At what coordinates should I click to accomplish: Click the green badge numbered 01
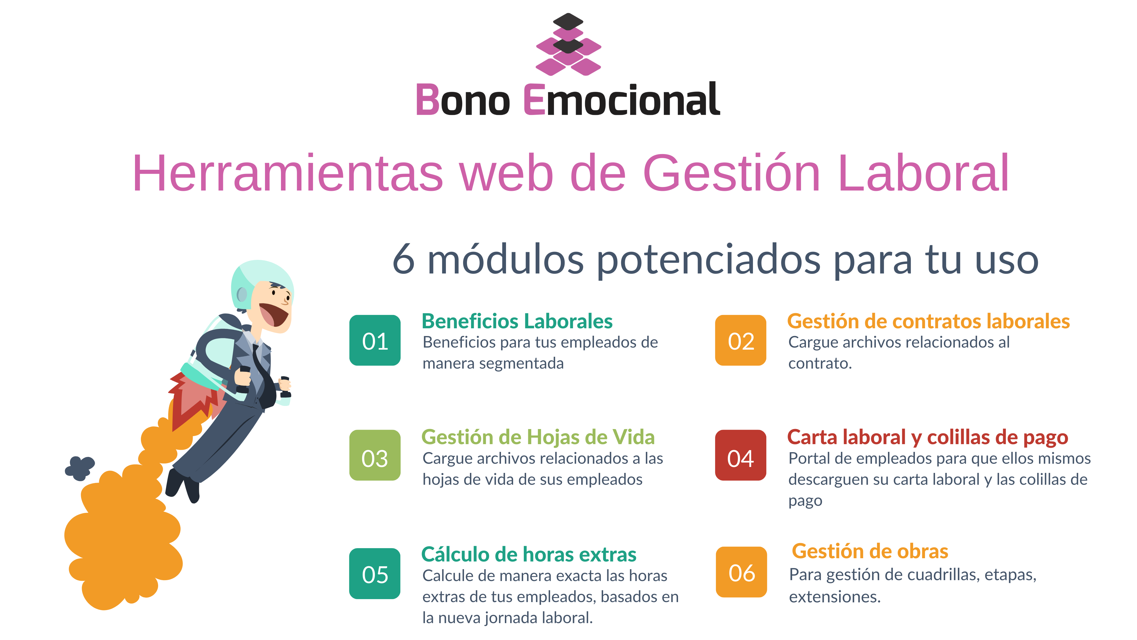(x=375, y=340)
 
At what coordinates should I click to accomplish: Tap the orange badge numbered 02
(x=741, y=340)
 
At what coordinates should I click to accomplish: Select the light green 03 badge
(x=375, y=455)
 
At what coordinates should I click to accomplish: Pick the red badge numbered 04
(x=741, y=455)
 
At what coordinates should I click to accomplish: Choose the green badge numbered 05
(x=375, y=573)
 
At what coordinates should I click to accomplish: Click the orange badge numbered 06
(x=741, y=572)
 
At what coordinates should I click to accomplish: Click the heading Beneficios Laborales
(x=517, y=321)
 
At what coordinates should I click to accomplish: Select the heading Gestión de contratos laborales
(x=928, y=321)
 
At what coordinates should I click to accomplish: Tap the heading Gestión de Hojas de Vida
(x=538, y=437)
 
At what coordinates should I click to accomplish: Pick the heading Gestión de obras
(x=870, y=551)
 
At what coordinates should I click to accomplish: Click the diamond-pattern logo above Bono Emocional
(x=568, y=44)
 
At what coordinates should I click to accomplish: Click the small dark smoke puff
(x=80, y=468)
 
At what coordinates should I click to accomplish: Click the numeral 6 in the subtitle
(x=403, y=260)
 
